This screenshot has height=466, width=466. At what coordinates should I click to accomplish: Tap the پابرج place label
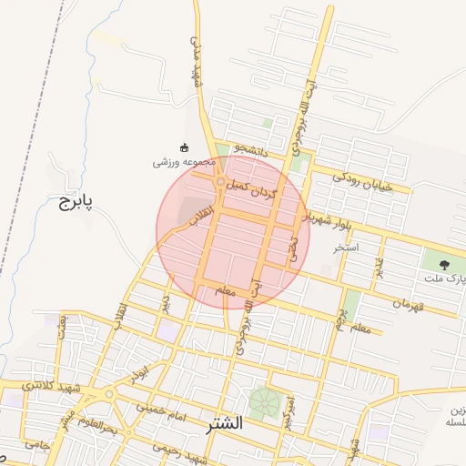[x=77, y=200]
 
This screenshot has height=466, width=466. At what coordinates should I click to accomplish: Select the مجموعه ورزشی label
[x=183, y=162]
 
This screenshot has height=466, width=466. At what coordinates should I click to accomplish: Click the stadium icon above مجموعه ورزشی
[x=184, y=147]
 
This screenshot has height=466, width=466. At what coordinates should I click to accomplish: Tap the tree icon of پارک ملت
[x=444, y=265]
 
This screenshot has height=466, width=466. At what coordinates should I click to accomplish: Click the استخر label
[x=346, y=247]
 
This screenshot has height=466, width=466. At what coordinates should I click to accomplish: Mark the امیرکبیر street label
[x=288, y=412]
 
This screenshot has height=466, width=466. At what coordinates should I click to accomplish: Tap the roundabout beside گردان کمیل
[x=220, y=184]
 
